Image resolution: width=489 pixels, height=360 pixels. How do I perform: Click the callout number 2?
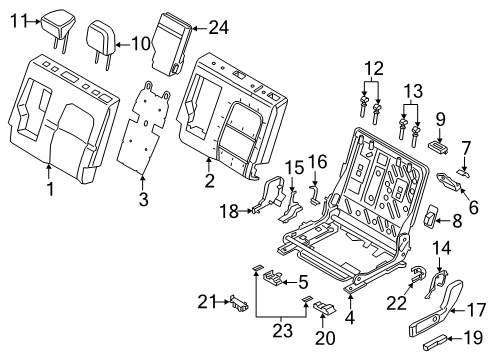(x=208, y=180)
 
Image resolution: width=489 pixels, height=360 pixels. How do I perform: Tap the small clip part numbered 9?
(x=438, y=145)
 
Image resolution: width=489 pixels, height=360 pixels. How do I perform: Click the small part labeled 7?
(x=462, y=171)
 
